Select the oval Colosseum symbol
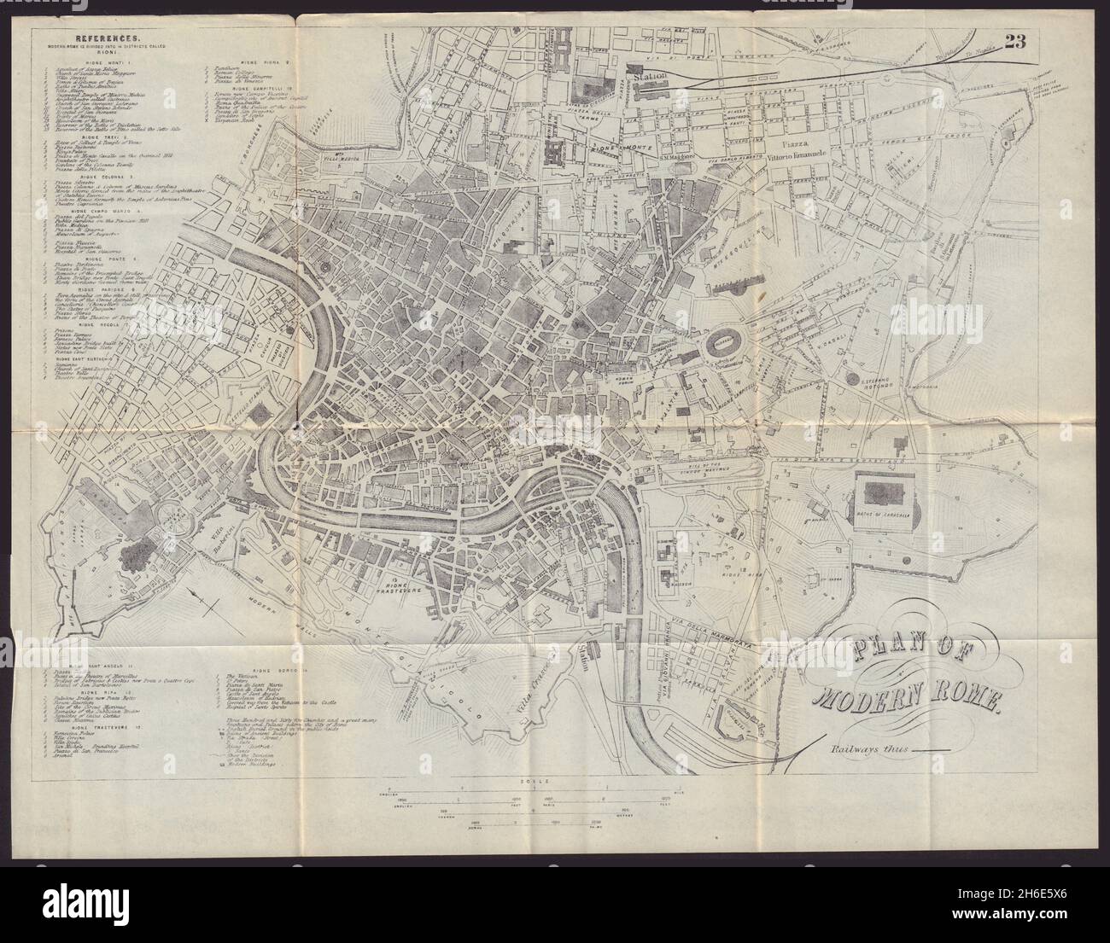(x=721, y=345)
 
